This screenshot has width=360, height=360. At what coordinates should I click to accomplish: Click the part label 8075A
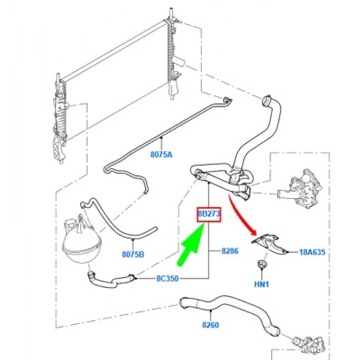[x=161, y=154]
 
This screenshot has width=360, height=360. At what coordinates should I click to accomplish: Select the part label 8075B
[x=133, y=255]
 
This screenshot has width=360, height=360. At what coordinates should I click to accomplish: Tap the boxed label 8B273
[x=209, y=214]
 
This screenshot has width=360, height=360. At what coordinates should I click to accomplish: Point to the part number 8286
[x=230, y=251]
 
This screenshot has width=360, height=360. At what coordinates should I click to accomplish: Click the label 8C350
[x=167, y=279]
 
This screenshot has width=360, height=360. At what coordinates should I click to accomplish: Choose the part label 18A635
[x=313, y=253]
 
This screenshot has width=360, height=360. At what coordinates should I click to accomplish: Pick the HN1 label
[x=261, y=284]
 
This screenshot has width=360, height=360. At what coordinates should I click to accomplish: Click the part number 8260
[x=210, y=325]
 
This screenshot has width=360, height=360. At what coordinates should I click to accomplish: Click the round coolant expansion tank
[x=82, y=243]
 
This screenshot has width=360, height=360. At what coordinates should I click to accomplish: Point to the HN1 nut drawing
[x=261, y=264]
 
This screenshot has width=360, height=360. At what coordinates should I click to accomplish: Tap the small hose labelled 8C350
[x=111, y=281]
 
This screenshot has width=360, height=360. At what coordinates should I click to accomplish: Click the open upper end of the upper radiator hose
[x=266, y=100]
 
